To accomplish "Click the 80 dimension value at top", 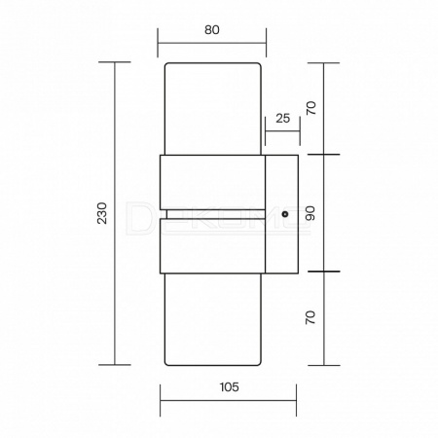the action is tap(212, 30).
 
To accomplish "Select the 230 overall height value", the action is tap(102, 213).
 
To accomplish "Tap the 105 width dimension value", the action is tap(229, 387).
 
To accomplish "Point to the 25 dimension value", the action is tap(283, 119).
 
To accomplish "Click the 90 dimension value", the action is tap(310, 213).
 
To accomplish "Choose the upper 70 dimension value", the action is tap(310, 108).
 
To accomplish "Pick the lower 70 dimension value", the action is tap(310, 317).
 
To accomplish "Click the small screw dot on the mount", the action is tap(285, 214).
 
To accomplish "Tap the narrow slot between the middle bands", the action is tap(215, 214).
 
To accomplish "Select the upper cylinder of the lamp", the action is tap(213, 109).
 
